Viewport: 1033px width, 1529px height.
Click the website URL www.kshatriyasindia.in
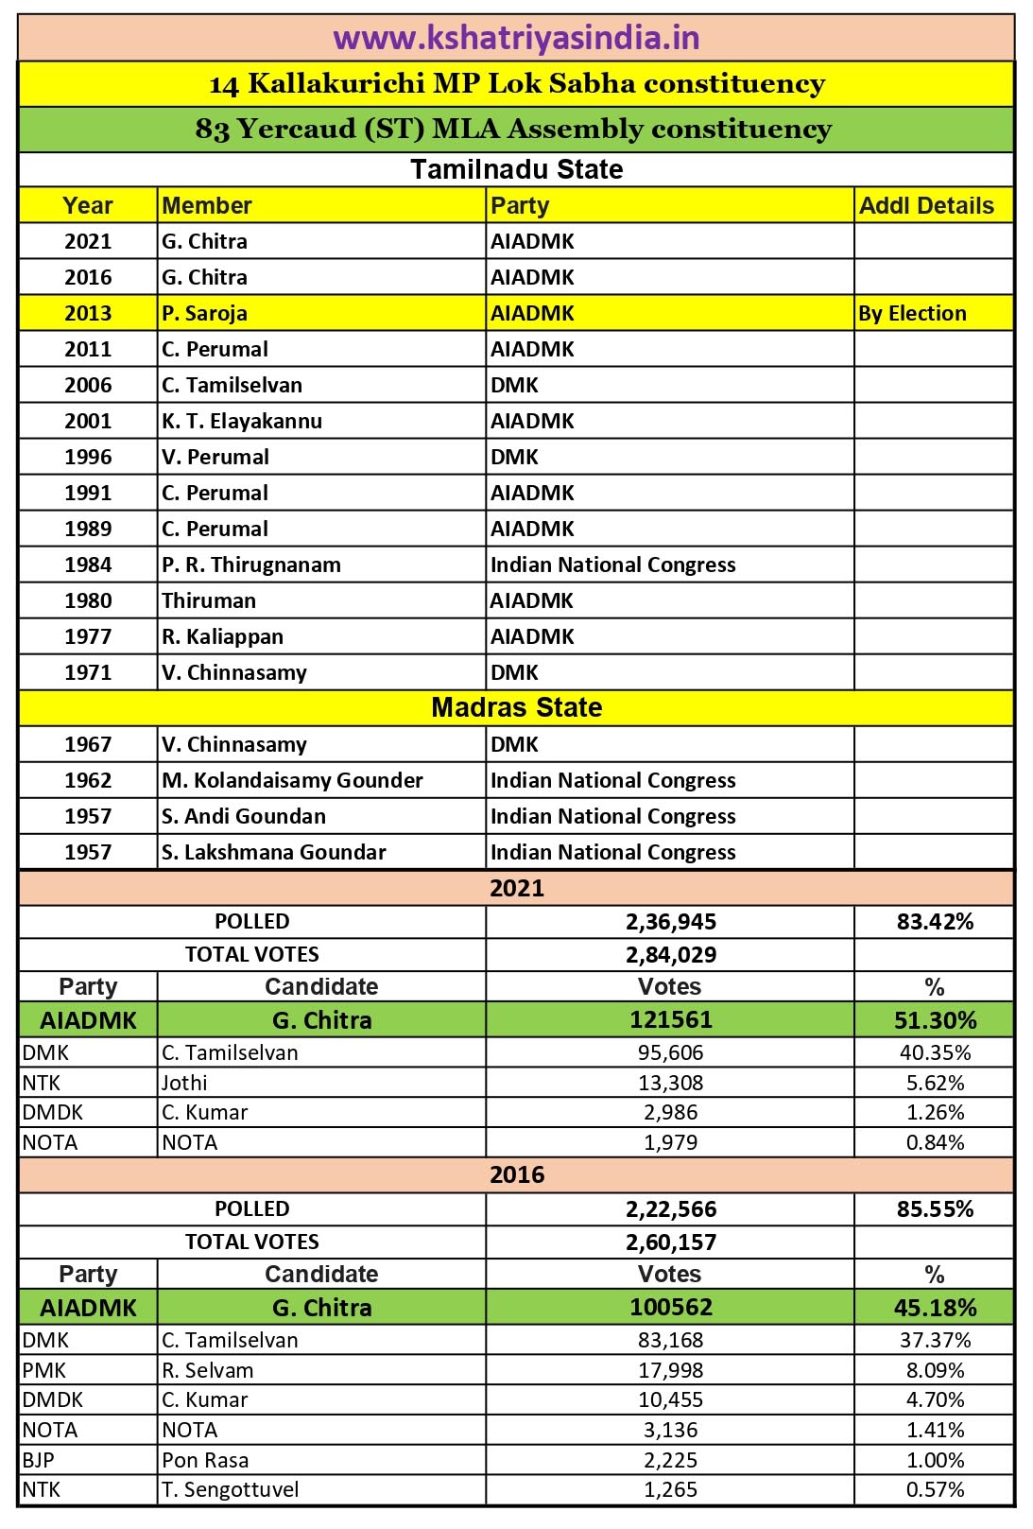point(516,38)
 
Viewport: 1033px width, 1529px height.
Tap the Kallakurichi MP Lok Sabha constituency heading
point(516,84)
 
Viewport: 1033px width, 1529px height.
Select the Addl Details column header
point(926,205)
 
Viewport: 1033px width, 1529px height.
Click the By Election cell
point(912,313)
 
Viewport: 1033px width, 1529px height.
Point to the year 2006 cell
point(88,385)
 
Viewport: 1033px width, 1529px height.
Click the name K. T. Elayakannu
point(242,421)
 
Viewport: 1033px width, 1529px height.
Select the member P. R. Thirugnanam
point(251,565)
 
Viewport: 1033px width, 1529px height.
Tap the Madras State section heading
point(516,707)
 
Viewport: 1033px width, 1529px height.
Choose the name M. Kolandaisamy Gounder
point(292,780)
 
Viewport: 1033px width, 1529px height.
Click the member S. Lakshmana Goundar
point(274,852)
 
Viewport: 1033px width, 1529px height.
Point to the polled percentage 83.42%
point(935,922)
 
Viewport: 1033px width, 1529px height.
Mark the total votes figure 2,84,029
point(671,955)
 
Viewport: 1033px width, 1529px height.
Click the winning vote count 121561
point(671,1020)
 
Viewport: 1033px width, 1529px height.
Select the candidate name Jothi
point(184,1083)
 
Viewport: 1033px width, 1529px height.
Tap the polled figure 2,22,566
point(671,1209)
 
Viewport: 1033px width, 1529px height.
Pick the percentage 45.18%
point(935,1308)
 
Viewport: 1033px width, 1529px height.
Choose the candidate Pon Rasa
point(205,1460)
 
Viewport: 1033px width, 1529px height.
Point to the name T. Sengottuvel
point(230,1490)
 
